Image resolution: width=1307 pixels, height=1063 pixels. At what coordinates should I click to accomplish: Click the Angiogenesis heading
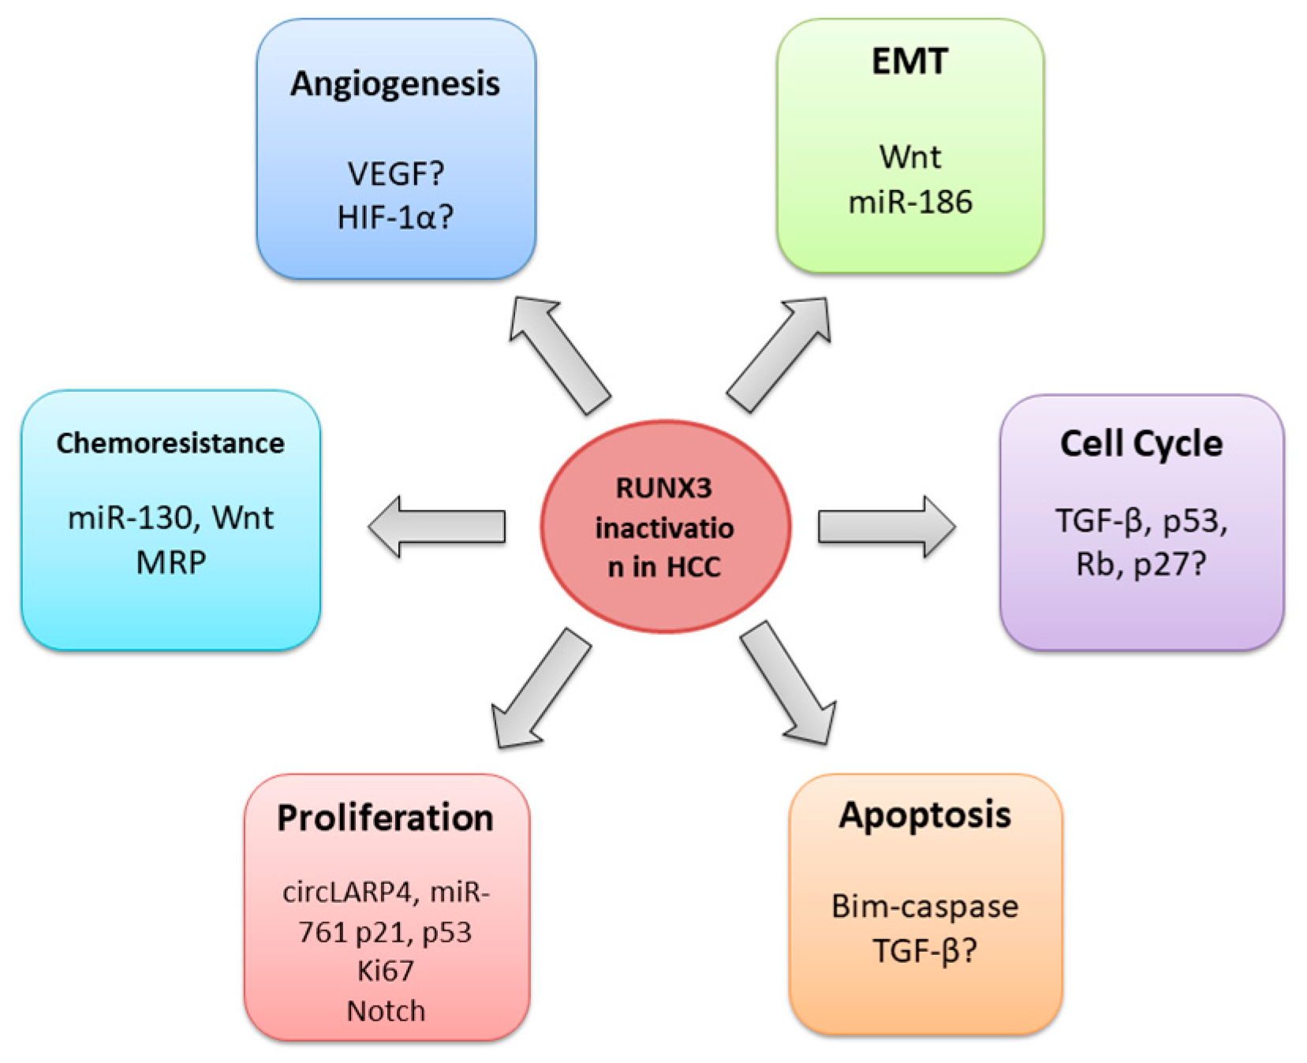coord(394,84)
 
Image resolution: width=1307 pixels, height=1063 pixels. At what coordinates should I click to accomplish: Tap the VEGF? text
coord(395,173)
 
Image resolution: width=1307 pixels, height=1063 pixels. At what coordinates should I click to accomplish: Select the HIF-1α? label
coord(395,218)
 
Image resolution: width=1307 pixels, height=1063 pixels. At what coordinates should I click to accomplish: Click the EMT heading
coord(909,62)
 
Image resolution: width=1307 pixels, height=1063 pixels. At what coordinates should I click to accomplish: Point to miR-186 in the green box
coord(909,203)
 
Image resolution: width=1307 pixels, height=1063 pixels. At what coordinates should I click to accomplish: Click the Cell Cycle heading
coord(1141,444)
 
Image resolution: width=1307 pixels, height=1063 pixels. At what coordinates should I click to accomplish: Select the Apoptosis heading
coord(924,815)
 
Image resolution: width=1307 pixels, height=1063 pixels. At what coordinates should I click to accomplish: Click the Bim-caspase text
coord(924,906)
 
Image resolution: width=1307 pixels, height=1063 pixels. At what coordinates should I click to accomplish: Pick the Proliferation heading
coord(385,818)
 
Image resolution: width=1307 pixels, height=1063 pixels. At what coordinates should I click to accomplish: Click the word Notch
coord(386,1011)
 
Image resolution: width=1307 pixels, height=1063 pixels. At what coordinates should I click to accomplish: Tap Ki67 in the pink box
coord(385,971)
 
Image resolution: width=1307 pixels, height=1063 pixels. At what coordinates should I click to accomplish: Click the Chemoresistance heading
coord(170,443)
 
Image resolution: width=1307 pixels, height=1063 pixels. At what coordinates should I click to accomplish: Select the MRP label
coord(170,562)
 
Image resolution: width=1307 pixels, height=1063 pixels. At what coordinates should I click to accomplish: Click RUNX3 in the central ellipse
coord(663,488)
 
